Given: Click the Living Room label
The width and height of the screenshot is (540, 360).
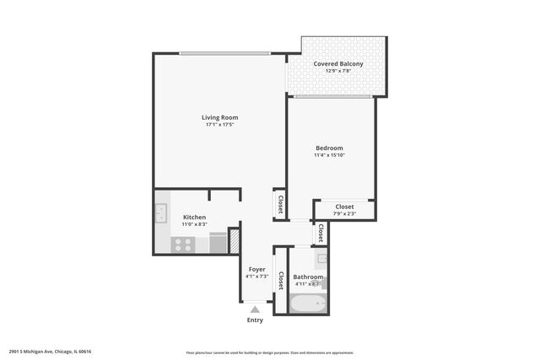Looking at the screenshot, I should (219, 117).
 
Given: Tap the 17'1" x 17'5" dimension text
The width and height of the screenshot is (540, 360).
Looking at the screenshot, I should (219, 125).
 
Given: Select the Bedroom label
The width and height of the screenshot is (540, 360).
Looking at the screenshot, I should (329, 148).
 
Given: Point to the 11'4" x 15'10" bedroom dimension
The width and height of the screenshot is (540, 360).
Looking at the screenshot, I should (329, 155).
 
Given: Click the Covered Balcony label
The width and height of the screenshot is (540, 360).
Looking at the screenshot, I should (337, 64).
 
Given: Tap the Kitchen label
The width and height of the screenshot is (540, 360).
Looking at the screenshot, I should (194, 218).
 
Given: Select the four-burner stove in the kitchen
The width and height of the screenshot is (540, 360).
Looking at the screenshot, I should (183, 244).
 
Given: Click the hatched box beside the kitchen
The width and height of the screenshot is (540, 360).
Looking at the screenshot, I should (235, 243).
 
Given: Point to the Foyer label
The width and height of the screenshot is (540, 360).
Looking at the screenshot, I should (256, 269).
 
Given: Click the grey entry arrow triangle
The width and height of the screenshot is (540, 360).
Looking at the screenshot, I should (255, 309).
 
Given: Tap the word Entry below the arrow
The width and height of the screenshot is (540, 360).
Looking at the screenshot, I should (255, 320).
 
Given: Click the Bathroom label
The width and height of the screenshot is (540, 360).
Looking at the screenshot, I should (308, 277).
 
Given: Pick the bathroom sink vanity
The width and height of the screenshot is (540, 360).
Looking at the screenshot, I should (321, 258).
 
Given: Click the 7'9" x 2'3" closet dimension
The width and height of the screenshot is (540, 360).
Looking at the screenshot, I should (344, 214).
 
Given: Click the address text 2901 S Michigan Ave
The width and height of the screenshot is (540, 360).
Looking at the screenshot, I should (50, 352).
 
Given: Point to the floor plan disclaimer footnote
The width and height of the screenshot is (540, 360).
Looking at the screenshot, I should (270, 352).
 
